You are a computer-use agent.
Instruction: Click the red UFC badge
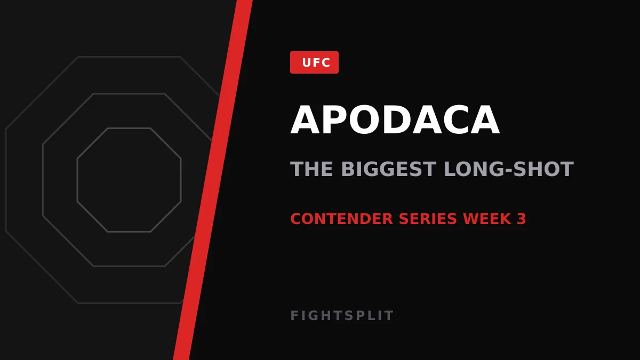(314, 62)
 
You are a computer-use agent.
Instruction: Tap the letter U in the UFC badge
(307, 62)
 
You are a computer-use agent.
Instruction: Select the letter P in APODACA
(335, 119)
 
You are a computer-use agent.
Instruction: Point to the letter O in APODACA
(365, 119)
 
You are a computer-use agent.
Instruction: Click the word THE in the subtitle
(311, 169)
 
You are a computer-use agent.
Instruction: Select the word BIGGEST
(389, 169)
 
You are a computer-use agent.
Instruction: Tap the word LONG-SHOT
(509, 169)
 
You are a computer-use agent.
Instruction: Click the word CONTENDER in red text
(342, 219)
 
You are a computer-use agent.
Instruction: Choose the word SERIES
(428, 219)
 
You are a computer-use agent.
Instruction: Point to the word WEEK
(487, 219)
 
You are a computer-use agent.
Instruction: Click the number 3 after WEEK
(522, 219)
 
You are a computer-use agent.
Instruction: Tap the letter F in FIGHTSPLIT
(294, 315)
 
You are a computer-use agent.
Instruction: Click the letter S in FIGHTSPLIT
(348, 315)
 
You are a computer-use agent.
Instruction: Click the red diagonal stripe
(213, 180)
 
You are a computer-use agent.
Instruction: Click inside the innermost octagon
(129, 180)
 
